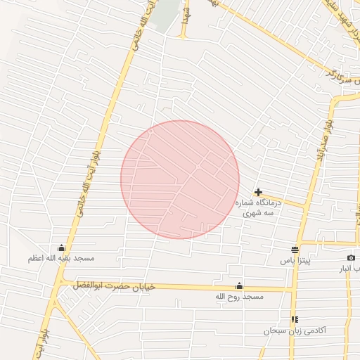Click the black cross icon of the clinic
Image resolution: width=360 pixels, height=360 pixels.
[259, 192]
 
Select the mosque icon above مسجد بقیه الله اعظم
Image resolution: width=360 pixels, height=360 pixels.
[61, 247]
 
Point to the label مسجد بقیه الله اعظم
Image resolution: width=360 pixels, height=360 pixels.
[61, 259]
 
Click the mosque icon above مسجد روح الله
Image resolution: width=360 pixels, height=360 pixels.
[239, 285]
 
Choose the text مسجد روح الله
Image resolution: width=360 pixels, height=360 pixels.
[239, 297]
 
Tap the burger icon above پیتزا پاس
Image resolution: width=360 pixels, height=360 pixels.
[295, 250]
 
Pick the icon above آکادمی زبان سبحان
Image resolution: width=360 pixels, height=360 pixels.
[294, 319]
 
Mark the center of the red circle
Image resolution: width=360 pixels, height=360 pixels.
[180, 179]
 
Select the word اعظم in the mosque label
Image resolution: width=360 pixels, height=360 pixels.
[37, 259]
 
